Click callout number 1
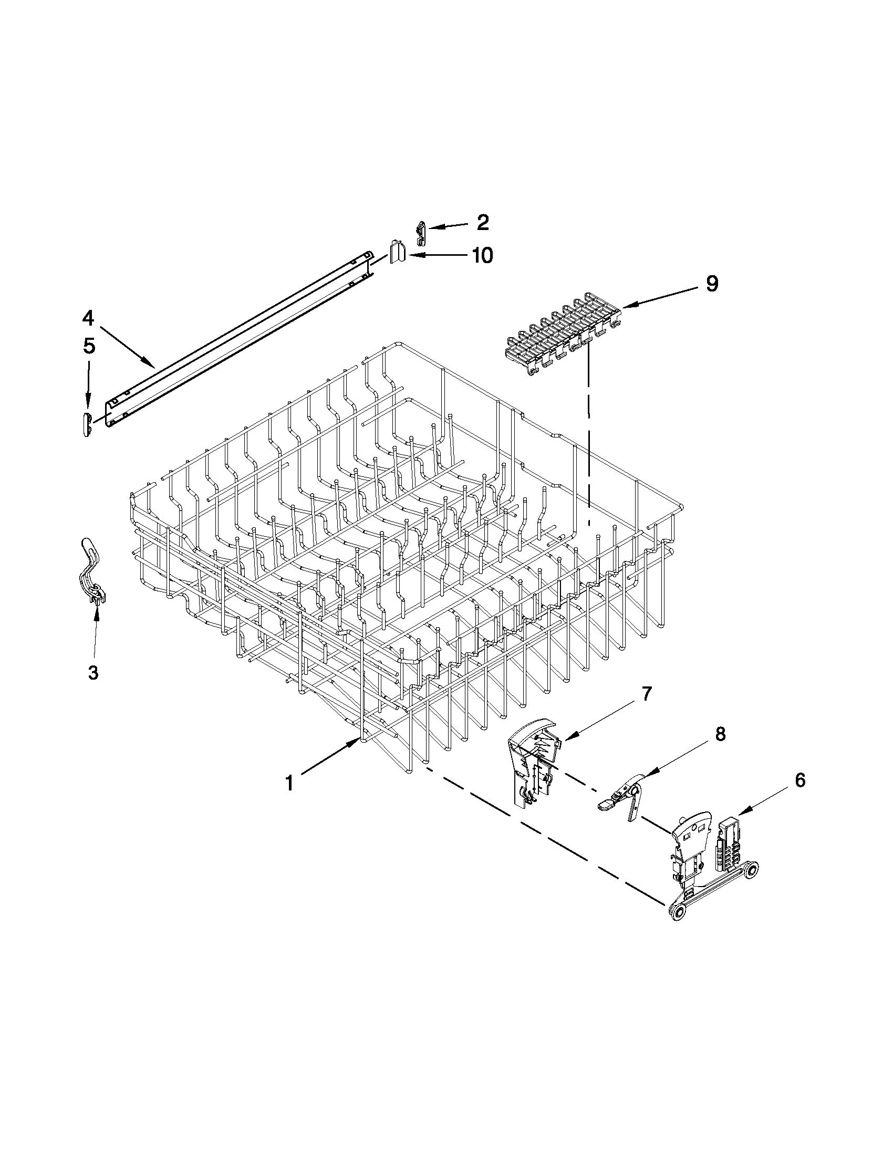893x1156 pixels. [289, 783]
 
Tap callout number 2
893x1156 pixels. [482, 223]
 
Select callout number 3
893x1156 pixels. [93, 673]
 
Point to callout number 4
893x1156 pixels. [88, 318]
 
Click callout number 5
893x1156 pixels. [89, 346]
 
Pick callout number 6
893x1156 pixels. [800, 779]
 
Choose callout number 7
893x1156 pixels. [647, 693]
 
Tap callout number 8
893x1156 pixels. [720, 734]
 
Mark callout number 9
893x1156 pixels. [712, 284]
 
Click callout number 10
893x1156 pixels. [482, 256]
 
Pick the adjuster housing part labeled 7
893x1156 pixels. [532, 762]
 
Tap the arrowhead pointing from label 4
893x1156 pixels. [153, 366]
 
